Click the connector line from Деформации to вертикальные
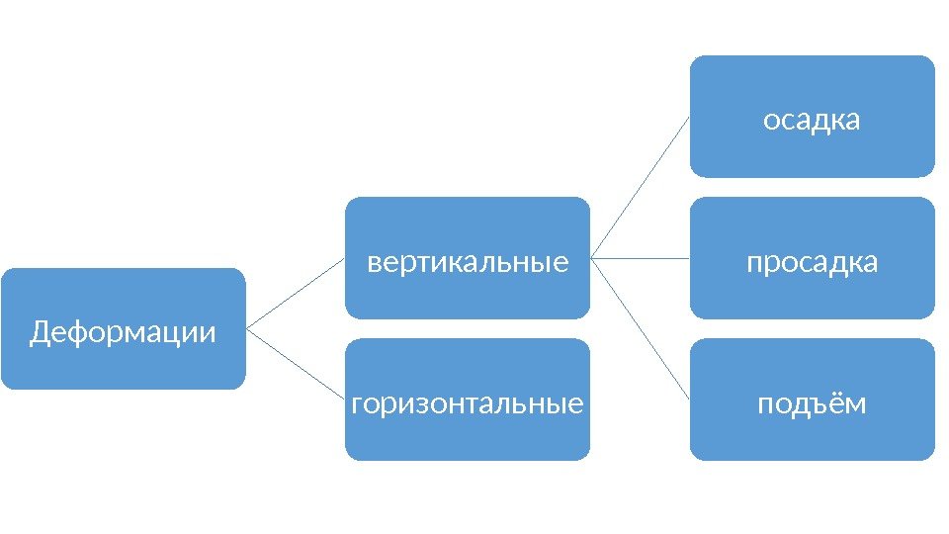[296, 293]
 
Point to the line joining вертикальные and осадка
[640, 187]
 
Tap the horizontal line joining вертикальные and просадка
[640, 258]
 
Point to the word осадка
[812, 121]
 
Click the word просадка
[812, 263]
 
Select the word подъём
[812, 405]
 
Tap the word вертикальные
[468, 263]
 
